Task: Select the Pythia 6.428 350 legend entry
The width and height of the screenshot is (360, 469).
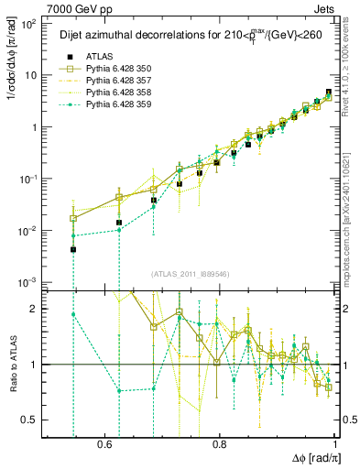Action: (x=115, y=70)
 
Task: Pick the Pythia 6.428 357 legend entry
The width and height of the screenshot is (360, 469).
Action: (x=115, y=82)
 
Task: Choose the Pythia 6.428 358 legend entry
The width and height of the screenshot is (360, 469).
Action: (x=115, y=93)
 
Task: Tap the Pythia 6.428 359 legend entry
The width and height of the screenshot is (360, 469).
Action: (x=115, y=105)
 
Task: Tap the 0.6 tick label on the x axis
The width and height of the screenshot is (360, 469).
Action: (x=104, y=443)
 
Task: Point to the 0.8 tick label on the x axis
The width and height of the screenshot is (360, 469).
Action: (x=220, y=443)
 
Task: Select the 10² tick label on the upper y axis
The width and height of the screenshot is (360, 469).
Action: (x=28, y=23)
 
